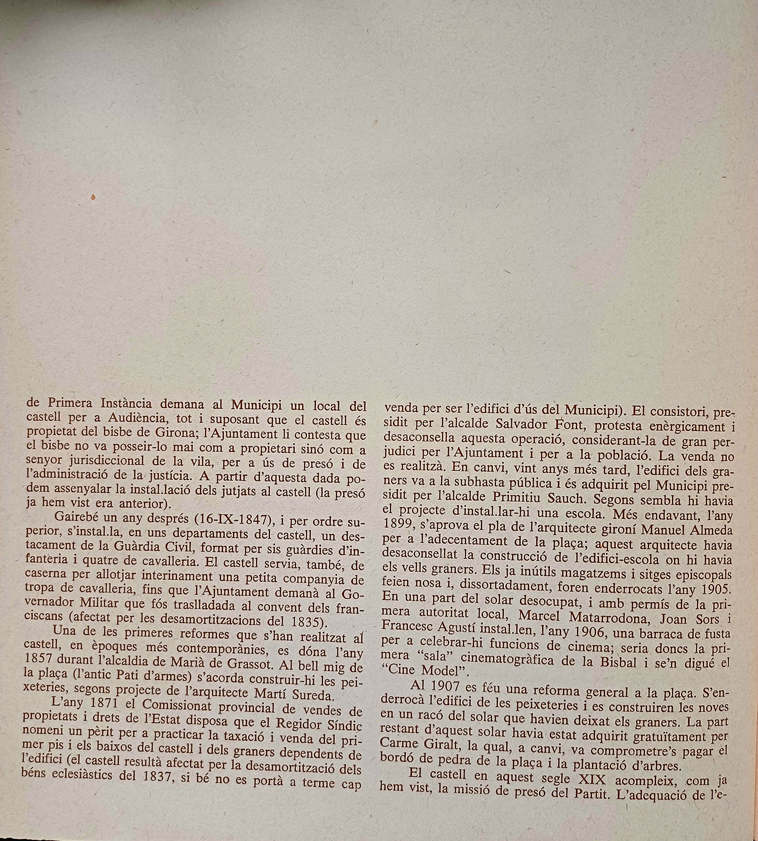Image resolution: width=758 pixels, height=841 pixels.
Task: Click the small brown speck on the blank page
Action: pyautogui.click(x=93, y=198)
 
